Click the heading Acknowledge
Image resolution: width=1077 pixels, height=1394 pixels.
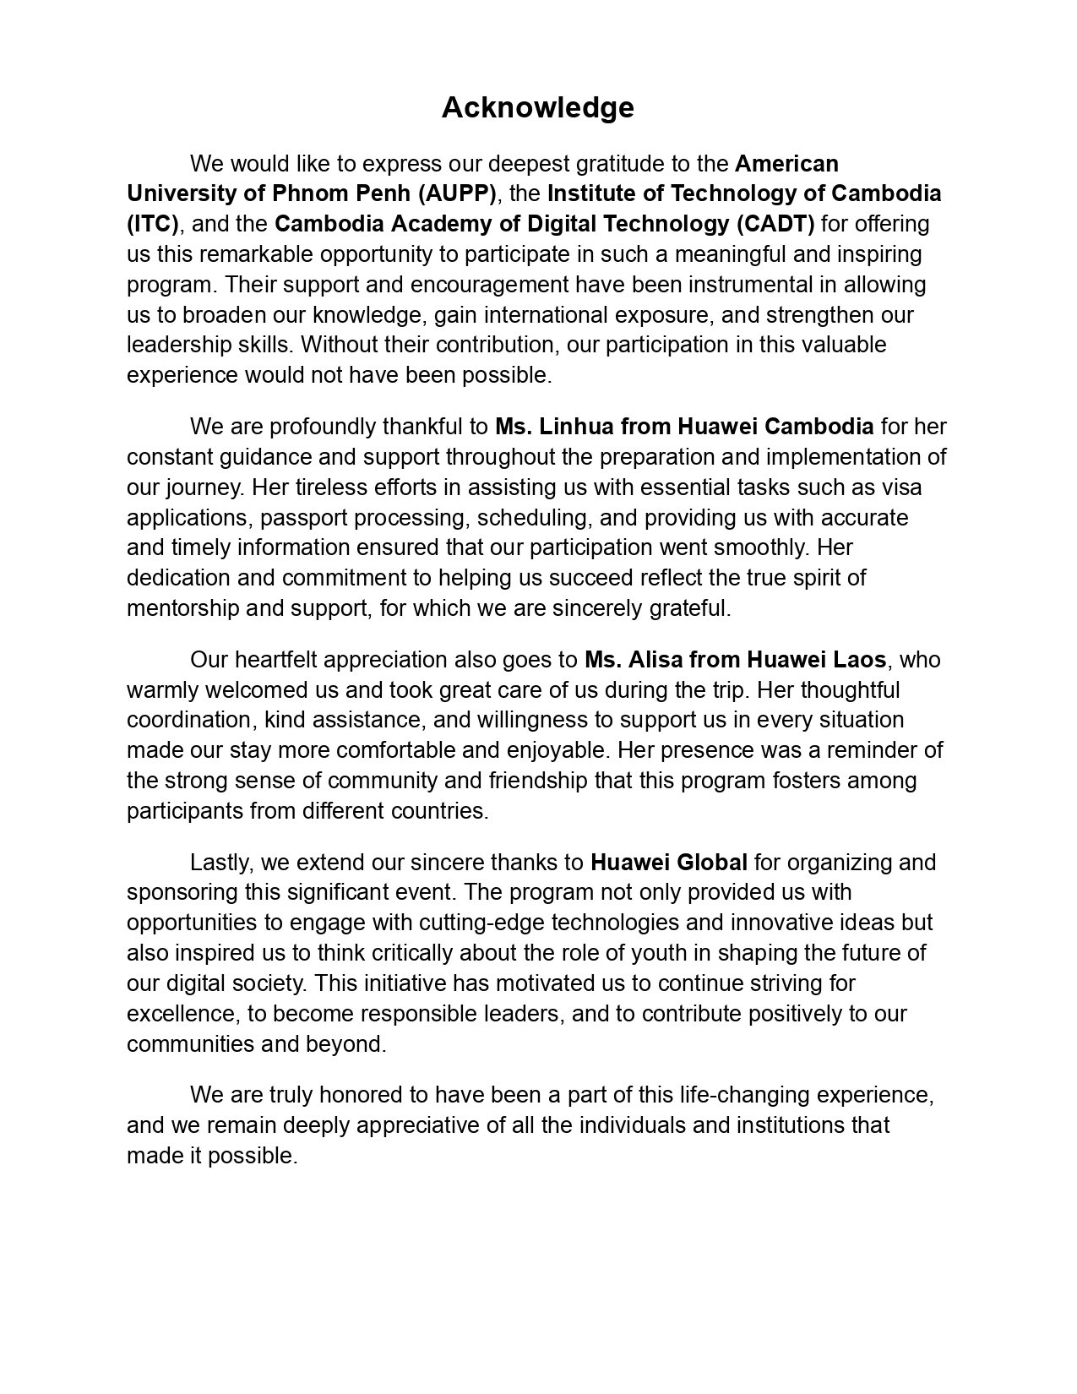537,108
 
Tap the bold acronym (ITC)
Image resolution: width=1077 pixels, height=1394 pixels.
153,224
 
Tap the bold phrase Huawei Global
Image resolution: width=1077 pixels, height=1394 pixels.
668,863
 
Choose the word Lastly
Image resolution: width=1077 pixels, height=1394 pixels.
221,863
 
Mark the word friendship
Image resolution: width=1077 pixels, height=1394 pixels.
515,781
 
